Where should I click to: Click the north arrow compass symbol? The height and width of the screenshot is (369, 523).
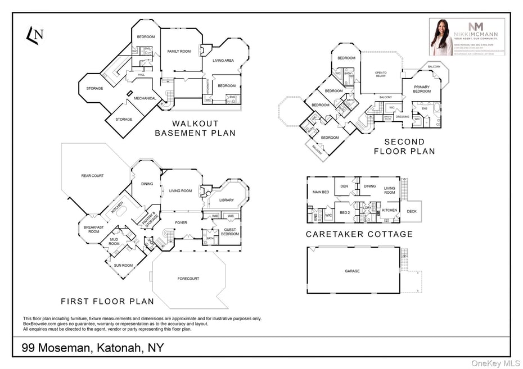(x=35, y=35)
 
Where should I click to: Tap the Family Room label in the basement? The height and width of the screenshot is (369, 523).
(x=179, y=52)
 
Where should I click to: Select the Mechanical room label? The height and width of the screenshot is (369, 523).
(x=145, y=98)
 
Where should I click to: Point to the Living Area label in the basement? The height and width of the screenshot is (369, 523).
(x=223, y=60)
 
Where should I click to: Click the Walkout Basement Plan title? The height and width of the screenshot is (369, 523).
(x=195, y=129)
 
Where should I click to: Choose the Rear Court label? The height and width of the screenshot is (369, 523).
(x=92, y=176)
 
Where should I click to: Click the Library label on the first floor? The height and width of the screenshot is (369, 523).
(x=227, y=200)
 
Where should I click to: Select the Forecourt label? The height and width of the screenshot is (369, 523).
(x=188, y=279)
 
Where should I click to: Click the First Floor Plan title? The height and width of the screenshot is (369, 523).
(x=107, y=302)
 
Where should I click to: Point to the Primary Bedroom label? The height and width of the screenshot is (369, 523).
(x=422, y=89)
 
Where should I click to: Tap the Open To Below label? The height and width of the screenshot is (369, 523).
(x=381, y=75)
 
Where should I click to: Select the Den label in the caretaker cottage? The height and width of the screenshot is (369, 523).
(x=344, y=186)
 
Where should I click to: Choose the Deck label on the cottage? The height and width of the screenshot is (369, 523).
(x=412, y=212)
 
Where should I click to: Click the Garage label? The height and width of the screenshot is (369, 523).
(x=352, y=271)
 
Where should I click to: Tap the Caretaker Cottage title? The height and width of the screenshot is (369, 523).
(x=359, y=234)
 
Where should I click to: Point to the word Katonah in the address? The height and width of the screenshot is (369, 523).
(x=121, y=348)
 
